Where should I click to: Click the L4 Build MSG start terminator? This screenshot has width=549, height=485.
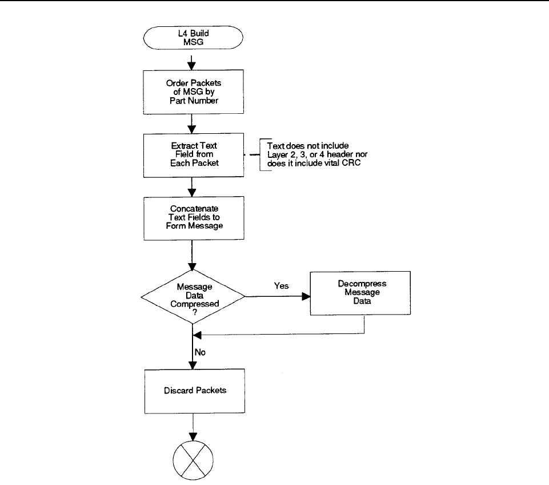coord(193,38)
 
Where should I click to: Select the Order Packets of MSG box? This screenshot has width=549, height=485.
coord(193,92)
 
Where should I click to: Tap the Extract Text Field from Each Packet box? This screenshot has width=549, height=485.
coord(194,155)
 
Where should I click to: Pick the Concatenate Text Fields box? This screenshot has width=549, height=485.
coord(194,218)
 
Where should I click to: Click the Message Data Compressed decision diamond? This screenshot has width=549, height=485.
coord(193,296)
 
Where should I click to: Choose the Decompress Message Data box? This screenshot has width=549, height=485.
coord(360,293)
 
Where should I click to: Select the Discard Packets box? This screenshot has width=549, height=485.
coord(195,391)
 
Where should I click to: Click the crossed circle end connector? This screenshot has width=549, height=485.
coord(193,460)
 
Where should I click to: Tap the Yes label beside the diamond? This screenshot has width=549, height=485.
coord(282,286)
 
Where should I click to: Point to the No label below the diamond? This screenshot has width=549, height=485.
coord(200,352)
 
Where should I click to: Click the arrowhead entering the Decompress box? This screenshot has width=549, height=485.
coord(306,296)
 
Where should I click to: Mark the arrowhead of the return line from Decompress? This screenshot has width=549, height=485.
coord(197,335)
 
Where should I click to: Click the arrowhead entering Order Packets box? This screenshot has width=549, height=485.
coord(191,66)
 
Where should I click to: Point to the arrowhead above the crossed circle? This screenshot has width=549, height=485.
coord(193,436)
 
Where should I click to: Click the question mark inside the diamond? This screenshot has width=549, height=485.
coord(195,312)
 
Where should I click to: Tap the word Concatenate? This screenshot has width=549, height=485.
coord(194,209)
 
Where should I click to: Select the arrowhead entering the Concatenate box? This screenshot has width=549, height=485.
coord(191,192)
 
